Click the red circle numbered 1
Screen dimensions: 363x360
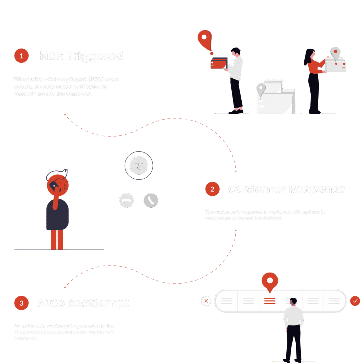pyautogui.click(x=21, y=56)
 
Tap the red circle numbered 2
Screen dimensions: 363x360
pyautogui.click(x=212, y=189)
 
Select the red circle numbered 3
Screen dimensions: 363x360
pyautogui.click(x=21, y=303)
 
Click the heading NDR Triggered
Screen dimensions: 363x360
pyautogui.click(x=81, y=56)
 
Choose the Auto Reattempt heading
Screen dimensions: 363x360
pyautogui.click(x=84, y=303)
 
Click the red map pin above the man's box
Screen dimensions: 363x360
pyautogui.click(x=204, y=39)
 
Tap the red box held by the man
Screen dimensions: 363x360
pyautogui.click(x=218, y=63)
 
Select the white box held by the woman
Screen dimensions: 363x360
pyautogui.click(x=336, y=65)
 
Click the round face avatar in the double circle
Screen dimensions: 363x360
pyautogui.click(x=139, y=165)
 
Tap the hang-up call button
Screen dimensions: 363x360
pyautogui.click(x=126, y=201)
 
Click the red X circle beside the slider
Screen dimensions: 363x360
pyautogui.click(x=206, y=301)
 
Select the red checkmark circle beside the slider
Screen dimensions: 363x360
pyautogui.click(x=355, y=301)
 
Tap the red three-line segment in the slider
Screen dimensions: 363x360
pyautogui.click(x=270, y=301)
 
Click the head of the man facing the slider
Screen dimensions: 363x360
pyautogui.click(x=293, y=302)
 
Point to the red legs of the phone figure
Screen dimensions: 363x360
pyautogui.click(x=57, y=239)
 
